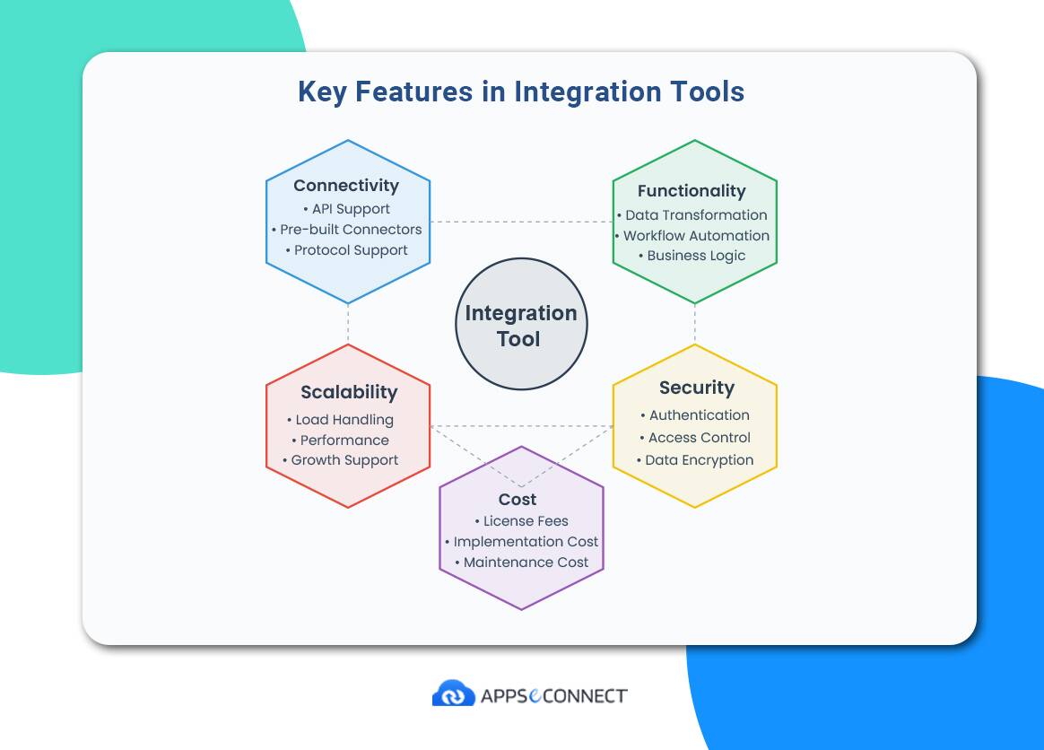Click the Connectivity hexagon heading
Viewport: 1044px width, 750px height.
tap(346, 186)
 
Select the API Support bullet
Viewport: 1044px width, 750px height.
tap(346, 209)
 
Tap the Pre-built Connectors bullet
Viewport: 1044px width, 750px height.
tap(347, 229)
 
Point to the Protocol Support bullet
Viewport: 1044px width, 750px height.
tap(347, 250)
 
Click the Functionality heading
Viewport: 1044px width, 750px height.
tap(692, 191)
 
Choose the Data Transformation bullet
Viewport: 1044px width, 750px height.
tap(692, 215)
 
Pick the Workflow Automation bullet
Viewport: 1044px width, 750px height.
tap(692, 236)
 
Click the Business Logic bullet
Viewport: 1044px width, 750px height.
tap(692, 256)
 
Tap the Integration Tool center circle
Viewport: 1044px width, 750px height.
tap(521, 325)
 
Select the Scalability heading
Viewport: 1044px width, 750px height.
tap(349, 392)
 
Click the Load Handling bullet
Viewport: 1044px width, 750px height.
tap(340, 420)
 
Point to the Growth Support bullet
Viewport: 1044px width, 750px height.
tap(340, 460)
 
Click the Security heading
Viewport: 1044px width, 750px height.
tap(696, 388)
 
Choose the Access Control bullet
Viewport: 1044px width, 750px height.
tap(695, 438)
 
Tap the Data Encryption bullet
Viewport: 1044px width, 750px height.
tap(695, 460)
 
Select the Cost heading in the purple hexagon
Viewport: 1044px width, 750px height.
tap(518, 500)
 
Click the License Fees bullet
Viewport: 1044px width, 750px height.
tap(522, 521)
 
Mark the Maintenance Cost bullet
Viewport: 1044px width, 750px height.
tap(522, 562)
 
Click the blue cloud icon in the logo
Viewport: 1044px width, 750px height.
tap(454, 693)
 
